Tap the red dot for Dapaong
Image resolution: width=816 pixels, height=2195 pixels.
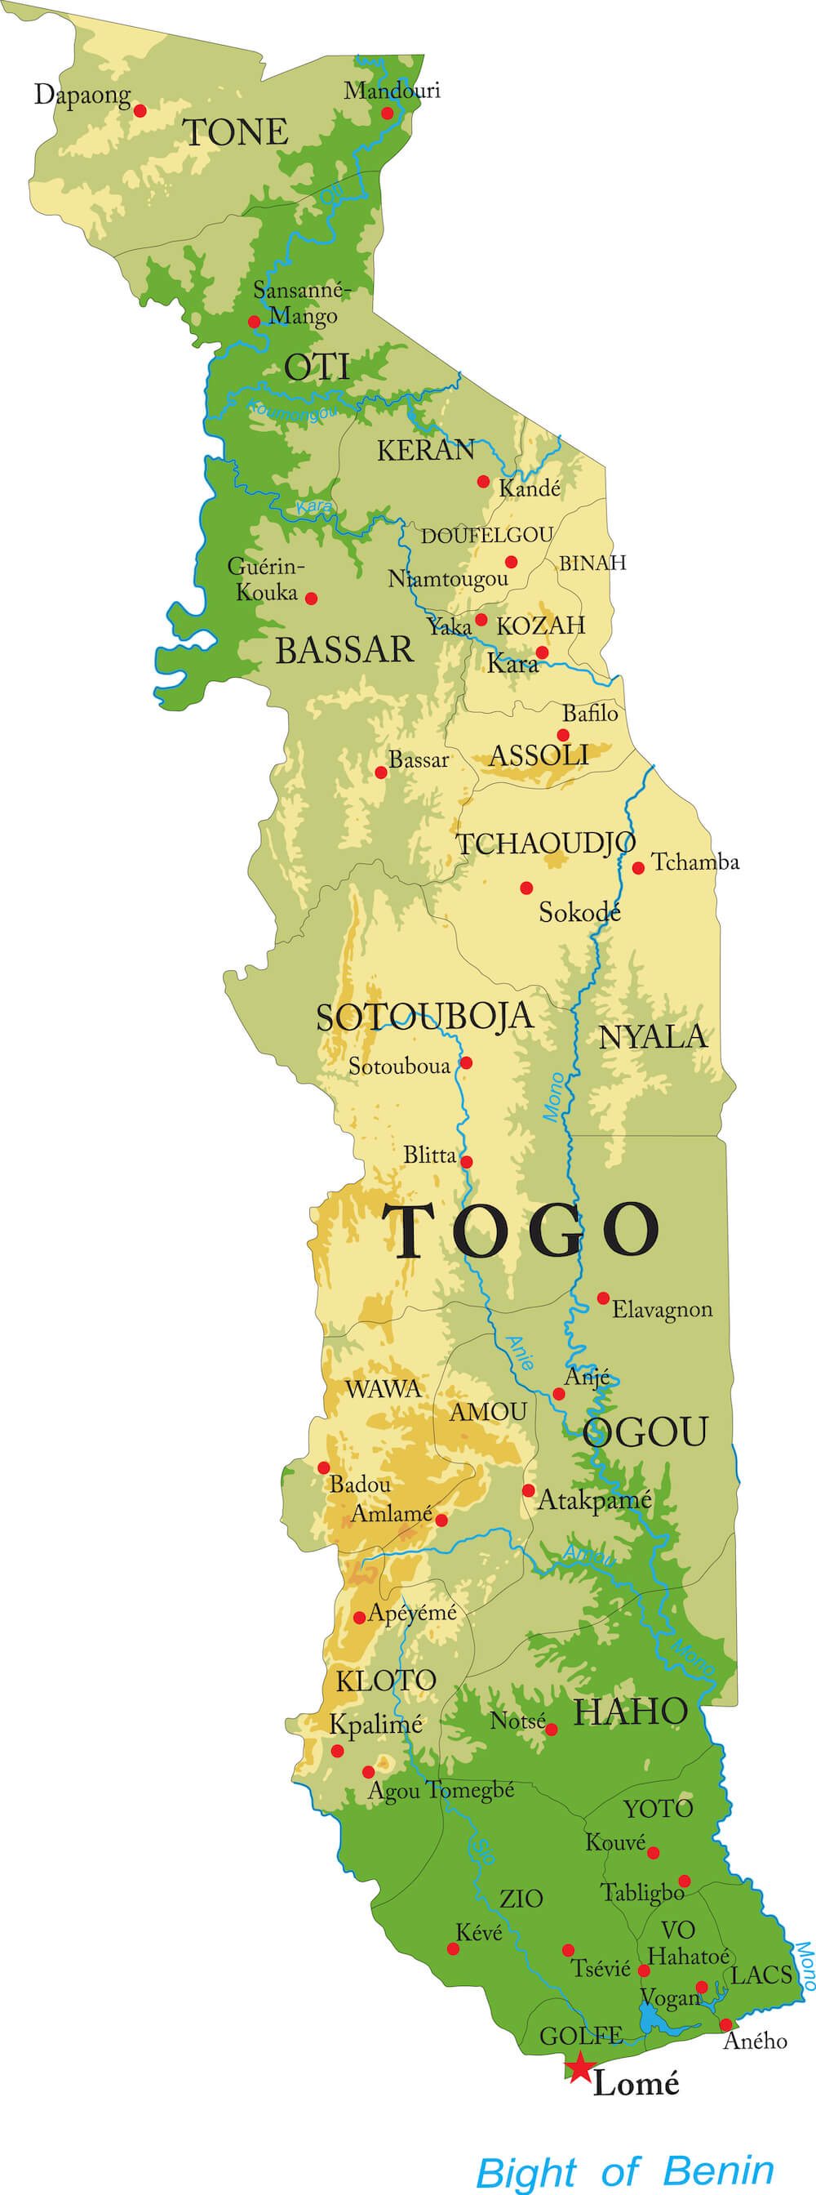click(140, 111)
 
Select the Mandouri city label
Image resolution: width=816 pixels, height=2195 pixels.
click(392, 91)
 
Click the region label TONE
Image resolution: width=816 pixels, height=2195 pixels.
click(235, 133)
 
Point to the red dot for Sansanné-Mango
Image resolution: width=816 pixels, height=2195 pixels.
click(254, 321)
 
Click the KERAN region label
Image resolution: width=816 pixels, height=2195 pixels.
click(426, 450)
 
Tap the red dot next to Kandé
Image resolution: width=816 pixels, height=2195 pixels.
click(483, 482)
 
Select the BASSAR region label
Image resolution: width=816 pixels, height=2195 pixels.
click(344, 651)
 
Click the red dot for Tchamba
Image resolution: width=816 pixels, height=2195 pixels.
click(638, 868)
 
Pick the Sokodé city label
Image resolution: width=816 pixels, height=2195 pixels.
click(579, 913)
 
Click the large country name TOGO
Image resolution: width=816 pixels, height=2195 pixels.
click(520, 1231)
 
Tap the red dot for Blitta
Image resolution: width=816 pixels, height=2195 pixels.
click(466, 1161)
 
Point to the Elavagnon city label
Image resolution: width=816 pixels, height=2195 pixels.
click(662, 1310)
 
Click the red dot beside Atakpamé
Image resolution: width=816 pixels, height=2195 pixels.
click(528, 1490)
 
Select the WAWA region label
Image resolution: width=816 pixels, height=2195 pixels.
click(383, 1389)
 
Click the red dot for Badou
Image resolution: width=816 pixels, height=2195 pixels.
click(324, 1467)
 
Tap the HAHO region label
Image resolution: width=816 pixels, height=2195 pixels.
click(629, 1712)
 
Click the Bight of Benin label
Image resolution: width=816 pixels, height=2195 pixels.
click(624, 2171)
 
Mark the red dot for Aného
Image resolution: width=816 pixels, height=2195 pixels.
click(725, 2024)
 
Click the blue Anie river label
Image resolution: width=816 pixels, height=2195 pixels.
click(519, 1352)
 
